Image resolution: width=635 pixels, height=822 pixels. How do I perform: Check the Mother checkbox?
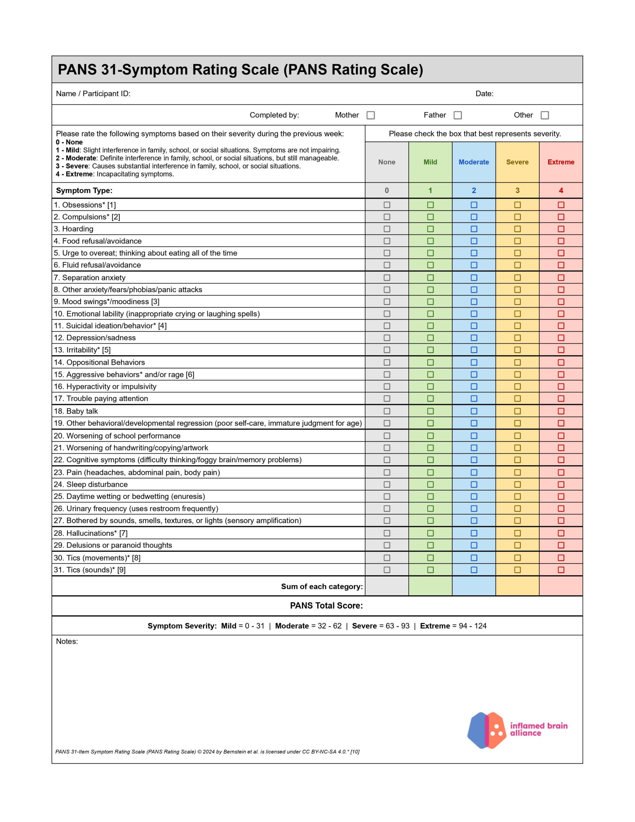coord(370,115)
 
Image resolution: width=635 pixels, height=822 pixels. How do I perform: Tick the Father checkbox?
coord(457,115)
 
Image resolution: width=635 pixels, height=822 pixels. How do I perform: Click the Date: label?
coord(484,94)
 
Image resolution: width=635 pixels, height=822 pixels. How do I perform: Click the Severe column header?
coord(517,162)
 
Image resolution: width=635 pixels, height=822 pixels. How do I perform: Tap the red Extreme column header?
coord(561,162)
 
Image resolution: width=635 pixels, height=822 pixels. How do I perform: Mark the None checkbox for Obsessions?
coord(387,205)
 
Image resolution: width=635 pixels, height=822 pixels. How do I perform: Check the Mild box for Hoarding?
coord(430,229)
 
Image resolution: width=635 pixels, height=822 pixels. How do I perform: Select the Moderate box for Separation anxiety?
coord(474,278)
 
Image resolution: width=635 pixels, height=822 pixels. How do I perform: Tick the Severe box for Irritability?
coord(517,350)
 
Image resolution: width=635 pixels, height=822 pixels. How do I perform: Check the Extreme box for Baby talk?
coord(561,411)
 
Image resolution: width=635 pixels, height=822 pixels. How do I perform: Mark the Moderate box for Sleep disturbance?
coord(474,485)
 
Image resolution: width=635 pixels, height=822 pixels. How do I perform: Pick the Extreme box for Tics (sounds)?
coord(561,570)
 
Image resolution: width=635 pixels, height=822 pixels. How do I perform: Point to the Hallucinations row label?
coord(90,533)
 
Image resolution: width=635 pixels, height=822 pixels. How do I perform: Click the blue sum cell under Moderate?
coord(474,586)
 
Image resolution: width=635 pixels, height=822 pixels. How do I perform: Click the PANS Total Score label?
coord(326,606)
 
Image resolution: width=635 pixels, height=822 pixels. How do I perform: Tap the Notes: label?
coord(67,641)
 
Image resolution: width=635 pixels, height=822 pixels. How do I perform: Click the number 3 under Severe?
coord(517,190)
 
